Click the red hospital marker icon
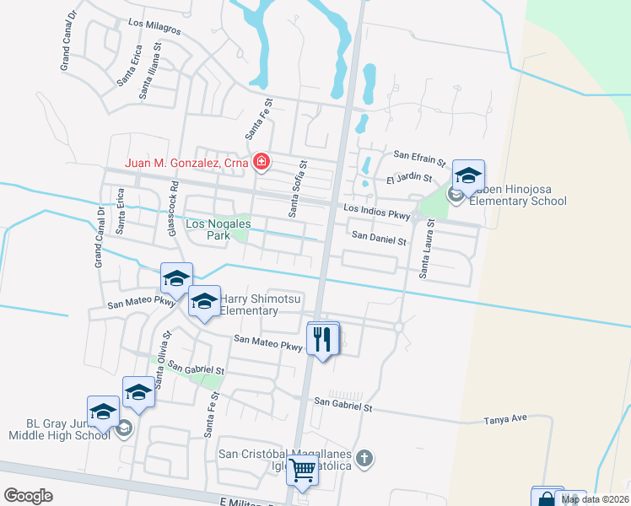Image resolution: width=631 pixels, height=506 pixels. [x=262, y=162]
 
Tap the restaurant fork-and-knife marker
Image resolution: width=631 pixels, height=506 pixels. [x=323, y=339]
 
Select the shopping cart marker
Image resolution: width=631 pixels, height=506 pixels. [x=302, y=471]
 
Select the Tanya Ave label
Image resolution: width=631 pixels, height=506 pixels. [x=505, y=419]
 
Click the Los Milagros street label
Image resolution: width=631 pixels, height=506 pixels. [x=154, y=28]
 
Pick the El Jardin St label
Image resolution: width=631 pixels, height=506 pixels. [x=408, y=179]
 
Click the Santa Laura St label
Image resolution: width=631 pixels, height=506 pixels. [x=427, y=250]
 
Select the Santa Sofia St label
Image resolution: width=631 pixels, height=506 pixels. [x=298, y=189]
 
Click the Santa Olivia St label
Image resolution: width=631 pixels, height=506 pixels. [x=161, y=355]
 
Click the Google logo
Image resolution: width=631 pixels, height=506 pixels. [x=28, y=496]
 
